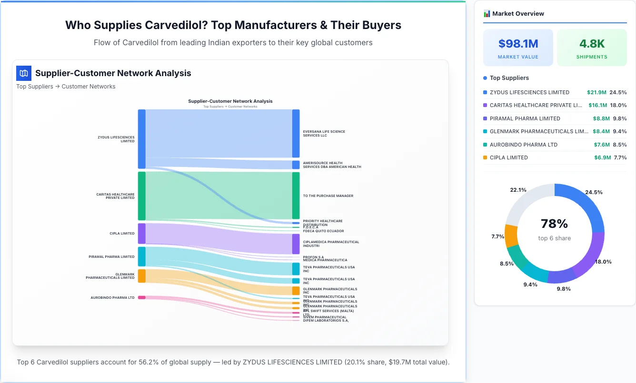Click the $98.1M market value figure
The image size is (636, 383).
click(518, 44)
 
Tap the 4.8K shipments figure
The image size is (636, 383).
click(592, 44)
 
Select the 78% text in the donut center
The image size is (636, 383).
click(554, 224)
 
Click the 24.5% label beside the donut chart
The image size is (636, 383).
click(594, 192)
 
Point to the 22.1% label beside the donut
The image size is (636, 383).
click(518, 190)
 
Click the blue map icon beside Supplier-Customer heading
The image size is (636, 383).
click(24, 73)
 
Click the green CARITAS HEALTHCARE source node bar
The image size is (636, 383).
click(142, 196)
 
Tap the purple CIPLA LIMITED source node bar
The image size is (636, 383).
click(142, 234)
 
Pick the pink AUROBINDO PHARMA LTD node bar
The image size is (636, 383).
click(142, 297)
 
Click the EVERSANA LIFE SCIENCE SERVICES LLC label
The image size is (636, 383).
click(324, 133)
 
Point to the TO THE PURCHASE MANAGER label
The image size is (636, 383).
click(328, 196)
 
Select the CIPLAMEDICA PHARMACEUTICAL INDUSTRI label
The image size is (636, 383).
click(331, 244)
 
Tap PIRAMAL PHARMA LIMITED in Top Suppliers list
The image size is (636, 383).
click(525, 118)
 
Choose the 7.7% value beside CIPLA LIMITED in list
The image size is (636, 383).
click(620, 157)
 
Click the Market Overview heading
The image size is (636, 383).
click(518, 14)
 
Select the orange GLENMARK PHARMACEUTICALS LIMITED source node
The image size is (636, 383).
click(142, 276)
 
